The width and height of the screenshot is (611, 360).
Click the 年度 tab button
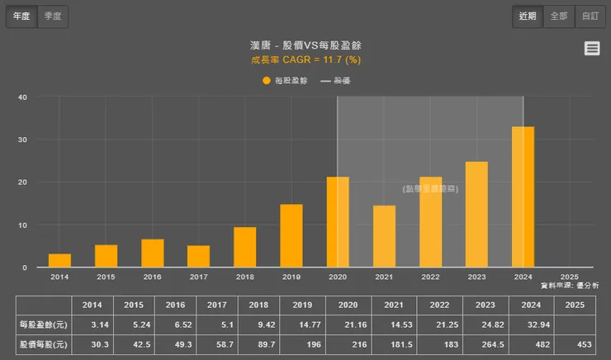(x=21, y=16)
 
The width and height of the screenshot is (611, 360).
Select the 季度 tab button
(x=53, y=16)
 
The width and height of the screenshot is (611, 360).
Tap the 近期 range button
(x=528, y=16)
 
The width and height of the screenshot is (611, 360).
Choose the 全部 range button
(x=559, y=16)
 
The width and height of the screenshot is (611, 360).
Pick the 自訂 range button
(x=590, y=16)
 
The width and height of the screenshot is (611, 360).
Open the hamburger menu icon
(x=592, y=49)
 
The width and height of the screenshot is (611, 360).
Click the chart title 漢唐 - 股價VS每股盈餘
(x=305, y=45)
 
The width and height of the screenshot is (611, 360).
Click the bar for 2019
(x=291, y=235)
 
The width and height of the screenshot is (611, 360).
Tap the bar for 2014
(x=59, y=260)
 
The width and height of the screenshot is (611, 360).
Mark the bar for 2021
(x=384, y=236)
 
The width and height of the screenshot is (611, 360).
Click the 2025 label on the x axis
(x=569, y=277)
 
